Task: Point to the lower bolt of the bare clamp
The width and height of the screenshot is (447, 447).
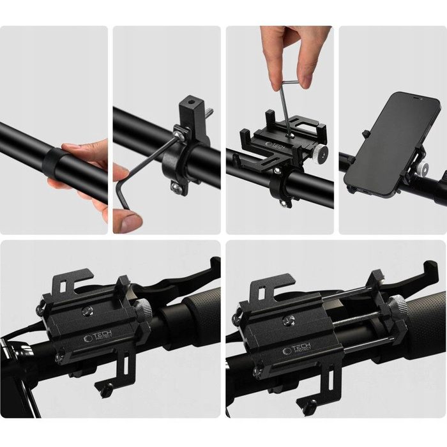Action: pos(176,186)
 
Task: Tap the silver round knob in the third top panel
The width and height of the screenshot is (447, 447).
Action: pos(324,153)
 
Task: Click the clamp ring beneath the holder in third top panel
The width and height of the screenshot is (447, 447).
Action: pos(280,185)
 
